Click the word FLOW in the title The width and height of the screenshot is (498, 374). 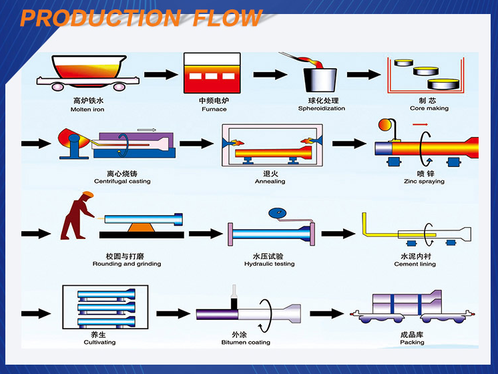[x=228, y=18]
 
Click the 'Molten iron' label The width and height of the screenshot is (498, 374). [x=87, y=110]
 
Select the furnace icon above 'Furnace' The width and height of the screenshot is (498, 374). [x=212, y=73]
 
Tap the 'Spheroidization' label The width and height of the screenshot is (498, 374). [x=321, y=108]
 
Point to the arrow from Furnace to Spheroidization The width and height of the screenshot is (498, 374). [x=270, y=75]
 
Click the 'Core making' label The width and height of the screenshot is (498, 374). [x=429, y=108]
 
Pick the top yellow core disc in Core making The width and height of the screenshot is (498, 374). [x=404, y=62]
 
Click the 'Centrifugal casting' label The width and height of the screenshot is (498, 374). [x=122, y=181]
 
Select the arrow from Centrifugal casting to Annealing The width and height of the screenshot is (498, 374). [x=196, y=144]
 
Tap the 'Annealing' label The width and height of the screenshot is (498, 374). [x=270, y=182]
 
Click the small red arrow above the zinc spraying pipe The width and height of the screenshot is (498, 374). [x=420, y=125]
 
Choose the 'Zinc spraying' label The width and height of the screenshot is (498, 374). [x=424, y=182]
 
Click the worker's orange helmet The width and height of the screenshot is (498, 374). [x=88, y=194]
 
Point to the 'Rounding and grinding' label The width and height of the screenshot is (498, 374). [x=127, y=264]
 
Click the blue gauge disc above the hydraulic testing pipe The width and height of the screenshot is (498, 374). [x=277, y=213]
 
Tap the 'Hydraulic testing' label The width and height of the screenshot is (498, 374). [x=269, y=264]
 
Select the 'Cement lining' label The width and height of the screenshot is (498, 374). [x=415, y=264]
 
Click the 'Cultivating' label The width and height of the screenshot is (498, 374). [x=99, y=342]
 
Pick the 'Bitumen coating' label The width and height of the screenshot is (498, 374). [x=246, y=342]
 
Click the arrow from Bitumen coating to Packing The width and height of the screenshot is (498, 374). [x=327, y=314]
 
